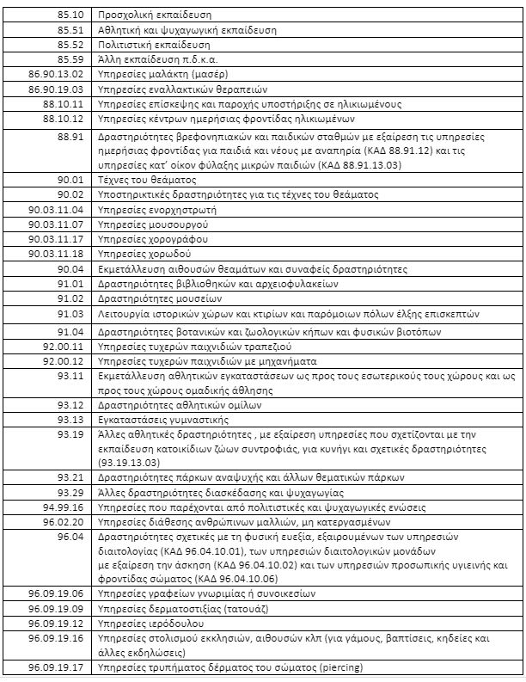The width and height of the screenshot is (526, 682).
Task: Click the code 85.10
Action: (x=70, y=15)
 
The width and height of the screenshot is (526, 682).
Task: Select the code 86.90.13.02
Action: (x=55, y=74)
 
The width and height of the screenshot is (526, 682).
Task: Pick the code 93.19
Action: (x=70, y=434)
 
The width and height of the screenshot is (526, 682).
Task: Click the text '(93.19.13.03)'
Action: (x=138, y=462)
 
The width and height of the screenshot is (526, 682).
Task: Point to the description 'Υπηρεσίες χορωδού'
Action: (x=144, y=254)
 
